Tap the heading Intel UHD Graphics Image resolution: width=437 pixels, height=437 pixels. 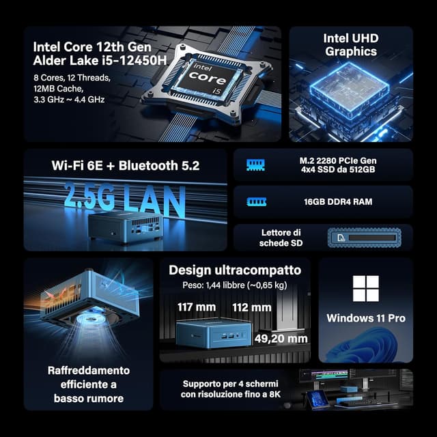click(x=350, y=45)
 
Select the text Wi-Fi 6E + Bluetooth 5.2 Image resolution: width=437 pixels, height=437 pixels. click(x=126, y=165)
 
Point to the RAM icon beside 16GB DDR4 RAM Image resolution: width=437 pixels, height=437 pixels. click(x=255, y=202)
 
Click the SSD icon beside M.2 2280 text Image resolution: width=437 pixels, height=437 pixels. click(x=255, y=165)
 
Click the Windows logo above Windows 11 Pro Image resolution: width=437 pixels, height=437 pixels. click(x=365, y=289)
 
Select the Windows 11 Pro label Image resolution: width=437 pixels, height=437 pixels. click(x=365, y=318)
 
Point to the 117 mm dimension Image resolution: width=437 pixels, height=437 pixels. click(x=196, y=307)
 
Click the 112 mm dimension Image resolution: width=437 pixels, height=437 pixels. click(x=251, y=307)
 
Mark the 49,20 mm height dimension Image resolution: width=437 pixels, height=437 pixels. click(x=280, y=337)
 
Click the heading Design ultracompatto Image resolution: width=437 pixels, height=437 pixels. click(x=234, y=270)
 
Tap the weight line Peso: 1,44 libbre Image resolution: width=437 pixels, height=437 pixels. click(x=234, y=285)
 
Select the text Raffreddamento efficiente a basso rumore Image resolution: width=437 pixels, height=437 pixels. click(x=88, y=384)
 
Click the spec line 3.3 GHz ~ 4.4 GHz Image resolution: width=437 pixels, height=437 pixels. click(x=68, y=99)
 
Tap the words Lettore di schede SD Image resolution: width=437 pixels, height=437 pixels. click(x=281, y=238)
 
